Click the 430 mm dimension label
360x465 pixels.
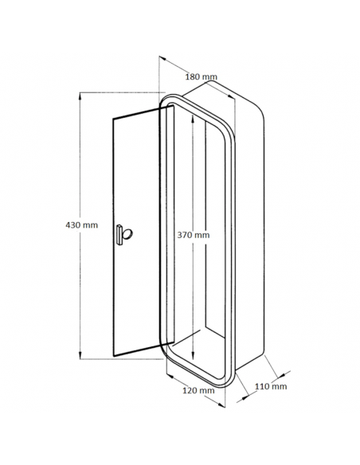[x=81, y=225]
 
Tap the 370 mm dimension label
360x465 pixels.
[x=194, y=235]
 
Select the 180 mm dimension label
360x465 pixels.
[x=201, y=76]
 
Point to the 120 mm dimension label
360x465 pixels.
[x=198, y=390]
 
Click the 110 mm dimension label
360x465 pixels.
[x=271, y=386]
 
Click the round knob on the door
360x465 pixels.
[x=127, y=234]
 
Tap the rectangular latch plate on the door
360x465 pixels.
[x=119, y=235]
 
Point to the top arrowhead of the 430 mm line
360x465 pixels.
[x=80, y=96]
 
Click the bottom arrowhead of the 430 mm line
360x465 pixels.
[x=80, y=355]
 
